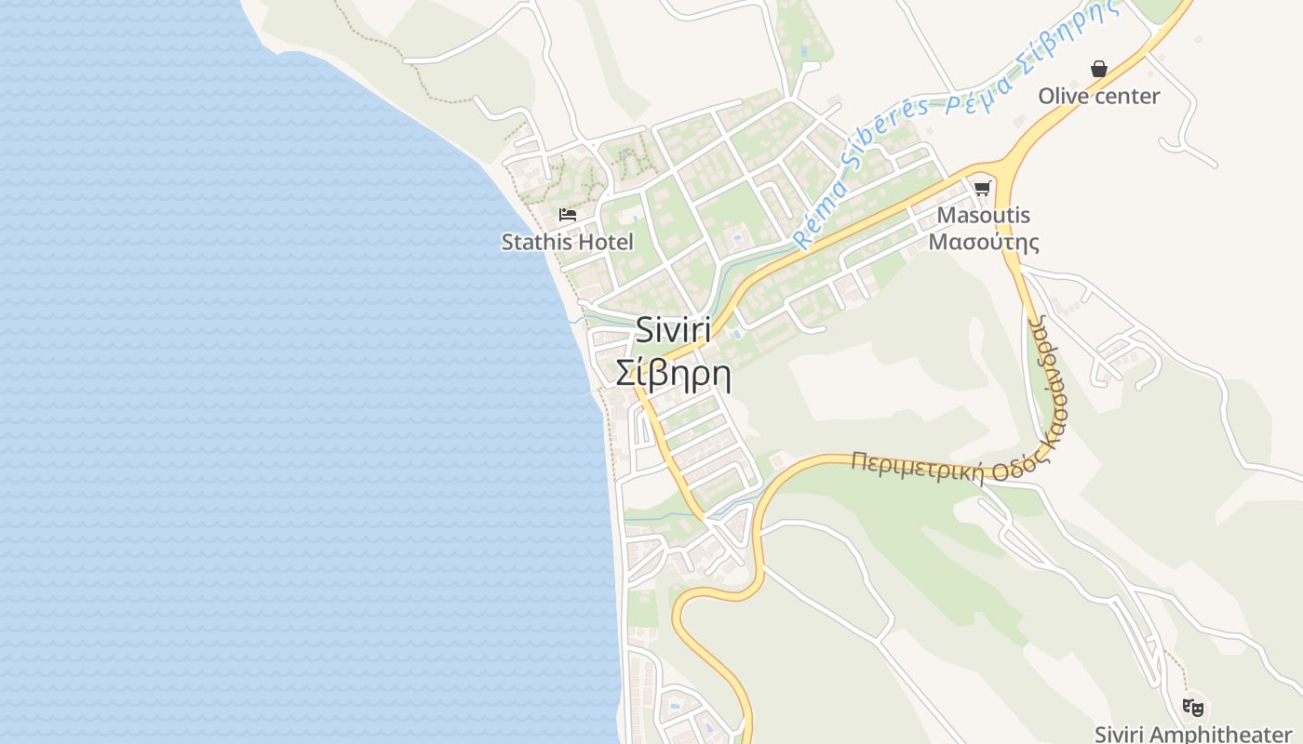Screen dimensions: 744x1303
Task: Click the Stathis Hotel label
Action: [x=567, y=243]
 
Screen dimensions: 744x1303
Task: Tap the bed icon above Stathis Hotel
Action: [x=567, y=215]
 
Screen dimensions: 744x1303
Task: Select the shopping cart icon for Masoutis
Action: [x=982, y=189]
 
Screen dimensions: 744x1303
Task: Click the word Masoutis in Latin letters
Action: [x=984, y=216]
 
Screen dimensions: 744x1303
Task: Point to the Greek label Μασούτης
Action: [x=984, y=243]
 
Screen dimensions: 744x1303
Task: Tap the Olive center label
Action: [x=1098, y=96]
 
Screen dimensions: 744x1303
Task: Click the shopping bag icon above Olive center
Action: [x=1099, y=69]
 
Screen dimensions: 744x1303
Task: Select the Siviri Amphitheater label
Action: [x=1192, y=734]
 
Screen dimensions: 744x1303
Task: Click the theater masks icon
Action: [x=1192, y=707]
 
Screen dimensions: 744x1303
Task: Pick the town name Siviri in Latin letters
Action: [x=673, y=331]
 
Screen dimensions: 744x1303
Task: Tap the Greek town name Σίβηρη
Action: [x=673, y=374]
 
